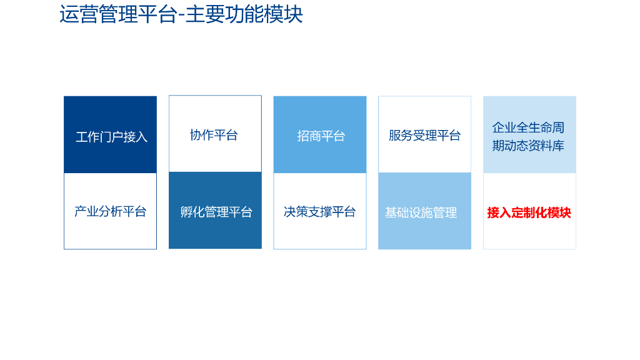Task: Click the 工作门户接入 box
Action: pyautogui.click(x=111, y=135)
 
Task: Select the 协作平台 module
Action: pyautogui.click(x=215, y=134)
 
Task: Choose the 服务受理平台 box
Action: pyautogui.click(x=424, y=134)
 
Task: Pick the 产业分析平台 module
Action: pyautogui.click(x=111, y=211)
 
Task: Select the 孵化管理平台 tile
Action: pyautogui.click(x=215, y=211)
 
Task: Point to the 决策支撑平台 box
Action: pyautogui.click(x=320, y=211)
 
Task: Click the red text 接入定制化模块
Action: pyautogui.click(x=529, y=212)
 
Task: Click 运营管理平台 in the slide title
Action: pyautogui.click(x=117, y=14)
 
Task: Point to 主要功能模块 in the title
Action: pyautogui.click(x=244, y=14)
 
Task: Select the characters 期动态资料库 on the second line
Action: pyautogui.click(x=528, y=146)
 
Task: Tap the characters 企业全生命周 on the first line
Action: pyautogui.click(x=528, y=127)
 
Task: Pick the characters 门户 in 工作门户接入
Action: pyautogui.click(x=112, y=137)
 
